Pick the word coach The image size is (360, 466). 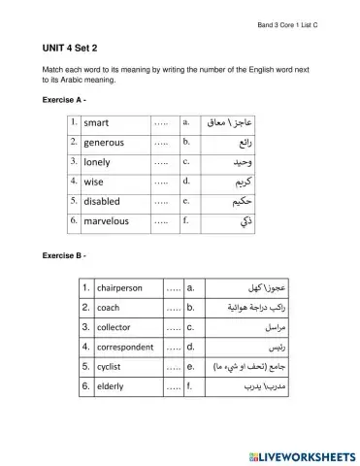[107, 308]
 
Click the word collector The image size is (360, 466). [115, 327]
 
